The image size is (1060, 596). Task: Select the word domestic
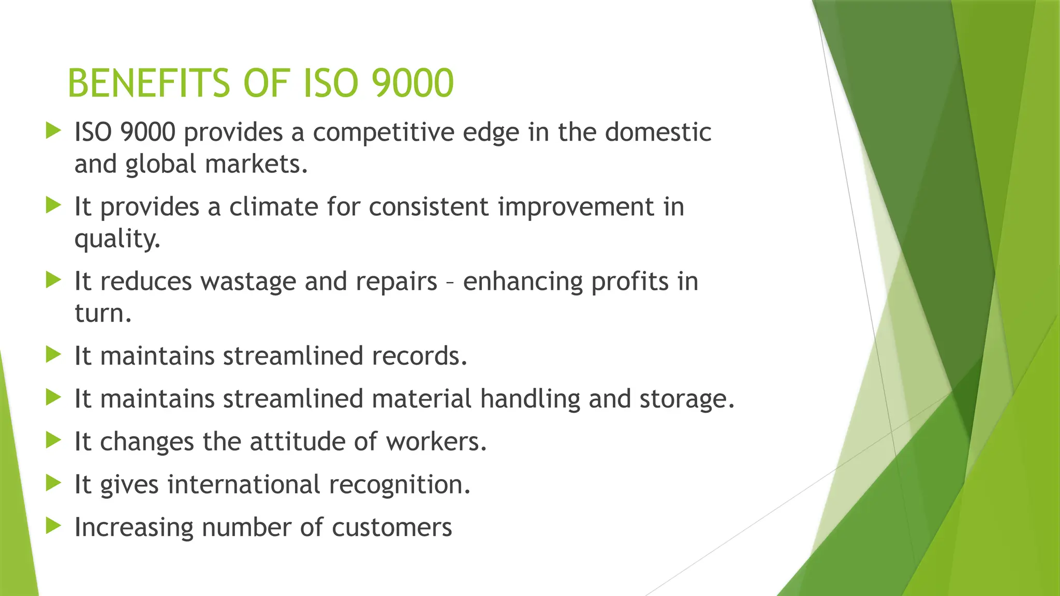click(x=658, y=132)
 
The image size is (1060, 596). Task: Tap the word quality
click(x=117, y=240)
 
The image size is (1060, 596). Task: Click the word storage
click(x=687, y=399)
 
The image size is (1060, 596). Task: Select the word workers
click(x=436, y=442)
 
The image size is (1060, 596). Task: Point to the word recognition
click(x=399, y=485)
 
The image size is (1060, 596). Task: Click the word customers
click(x=392, y=528)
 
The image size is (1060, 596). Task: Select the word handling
click(x=530, y=399)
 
